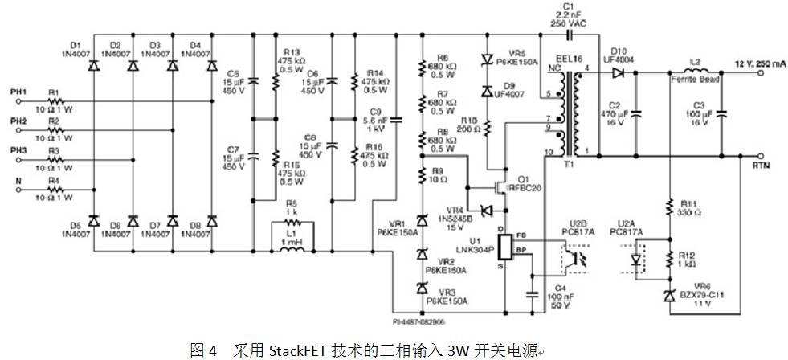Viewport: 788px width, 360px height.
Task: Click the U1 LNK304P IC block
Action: click(x=505, y=246)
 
